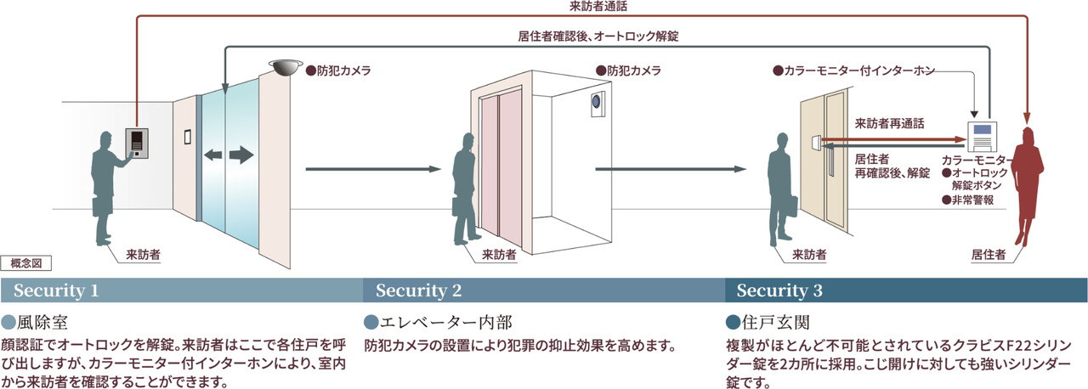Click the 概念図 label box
[x=26, y=263]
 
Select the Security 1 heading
[x=56, y=290]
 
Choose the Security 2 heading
[x=418, y=290]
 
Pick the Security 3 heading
[x=779, y=290]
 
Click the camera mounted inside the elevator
[x=598, y=103]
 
